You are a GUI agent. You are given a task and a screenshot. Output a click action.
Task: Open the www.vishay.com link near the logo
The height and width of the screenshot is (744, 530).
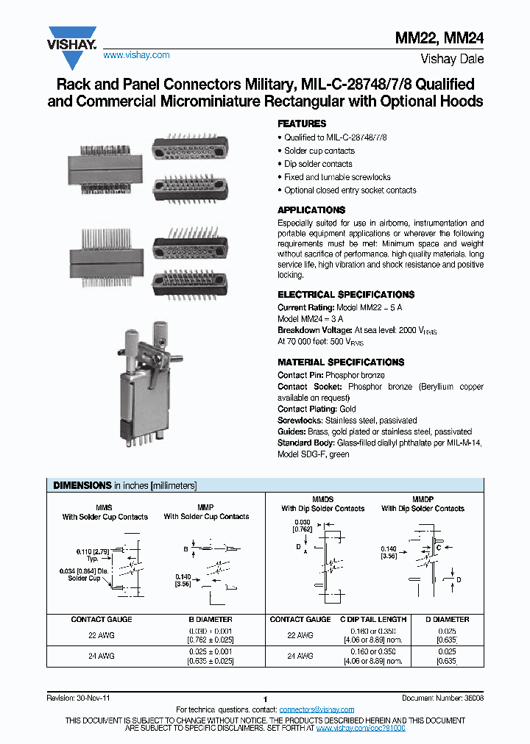pos(136,55)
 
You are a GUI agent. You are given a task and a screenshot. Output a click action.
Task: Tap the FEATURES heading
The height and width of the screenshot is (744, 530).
pos(302,124)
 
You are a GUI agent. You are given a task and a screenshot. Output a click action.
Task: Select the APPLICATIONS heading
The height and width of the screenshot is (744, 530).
pos(311,210)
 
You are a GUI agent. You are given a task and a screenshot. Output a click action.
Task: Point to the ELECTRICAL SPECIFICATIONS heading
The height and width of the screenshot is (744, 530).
pos(346,294)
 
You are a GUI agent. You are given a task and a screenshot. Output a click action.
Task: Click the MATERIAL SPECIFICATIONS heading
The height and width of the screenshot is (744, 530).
pos(341,362)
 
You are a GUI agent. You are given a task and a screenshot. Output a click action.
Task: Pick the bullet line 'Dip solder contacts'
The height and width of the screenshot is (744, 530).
pos(317,164)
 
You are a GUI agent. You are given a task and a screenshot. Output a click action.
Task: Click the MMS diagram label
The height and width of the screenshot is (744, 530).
pos(105,508)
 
